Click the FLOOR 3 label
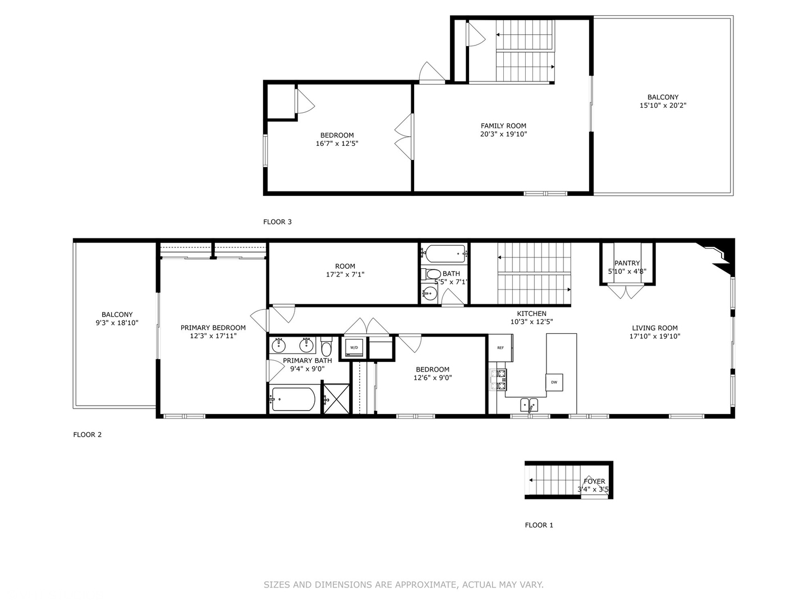[x=277, y=222]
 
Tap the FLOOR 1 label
[x=539, y=525]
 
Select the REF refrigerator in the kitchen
[x=500, y=348]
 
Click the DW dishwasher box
[x=554, y=382]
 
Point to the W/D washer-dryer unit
[x=354, y=348]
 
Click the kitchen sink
[x=528, y=404]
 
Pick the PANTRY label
[x=627, y=263]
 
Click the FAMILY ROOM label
[x=503, y=126]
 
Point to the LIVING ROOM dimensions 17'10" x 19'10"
[x=654, y=337]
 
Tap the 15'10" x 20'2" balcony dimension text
[x=663, y=105]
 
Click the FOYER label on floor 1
[x=594, y=481]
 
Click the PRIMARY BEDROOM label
[x=213, y=328]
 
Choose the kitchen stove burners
[x=498, y=380]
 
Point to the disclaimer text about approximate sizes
[x=403, y=585]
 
